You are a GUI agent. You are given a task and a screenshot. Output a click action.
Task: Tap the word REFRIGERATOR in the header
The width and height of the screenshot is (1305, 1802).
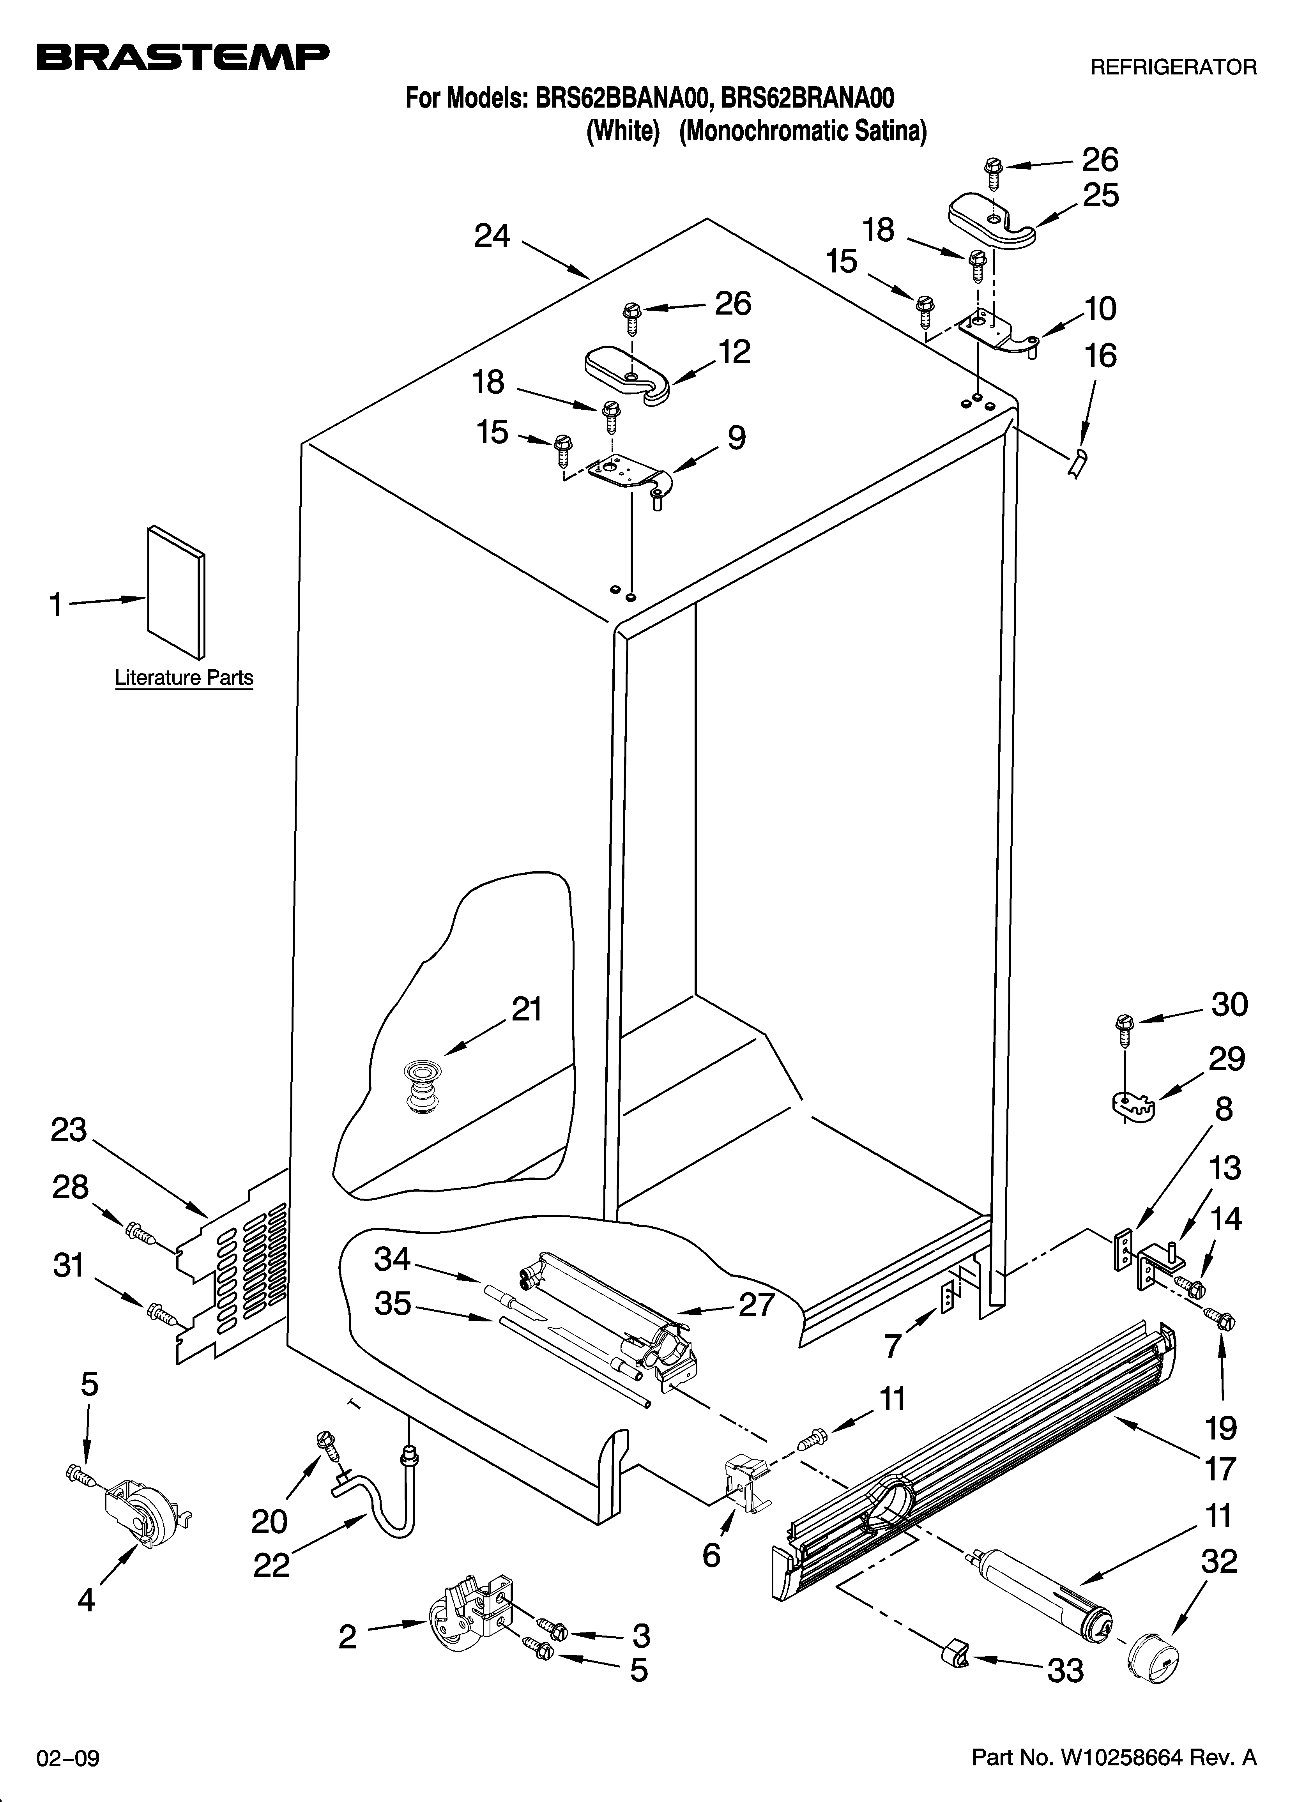[1172, 67]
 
